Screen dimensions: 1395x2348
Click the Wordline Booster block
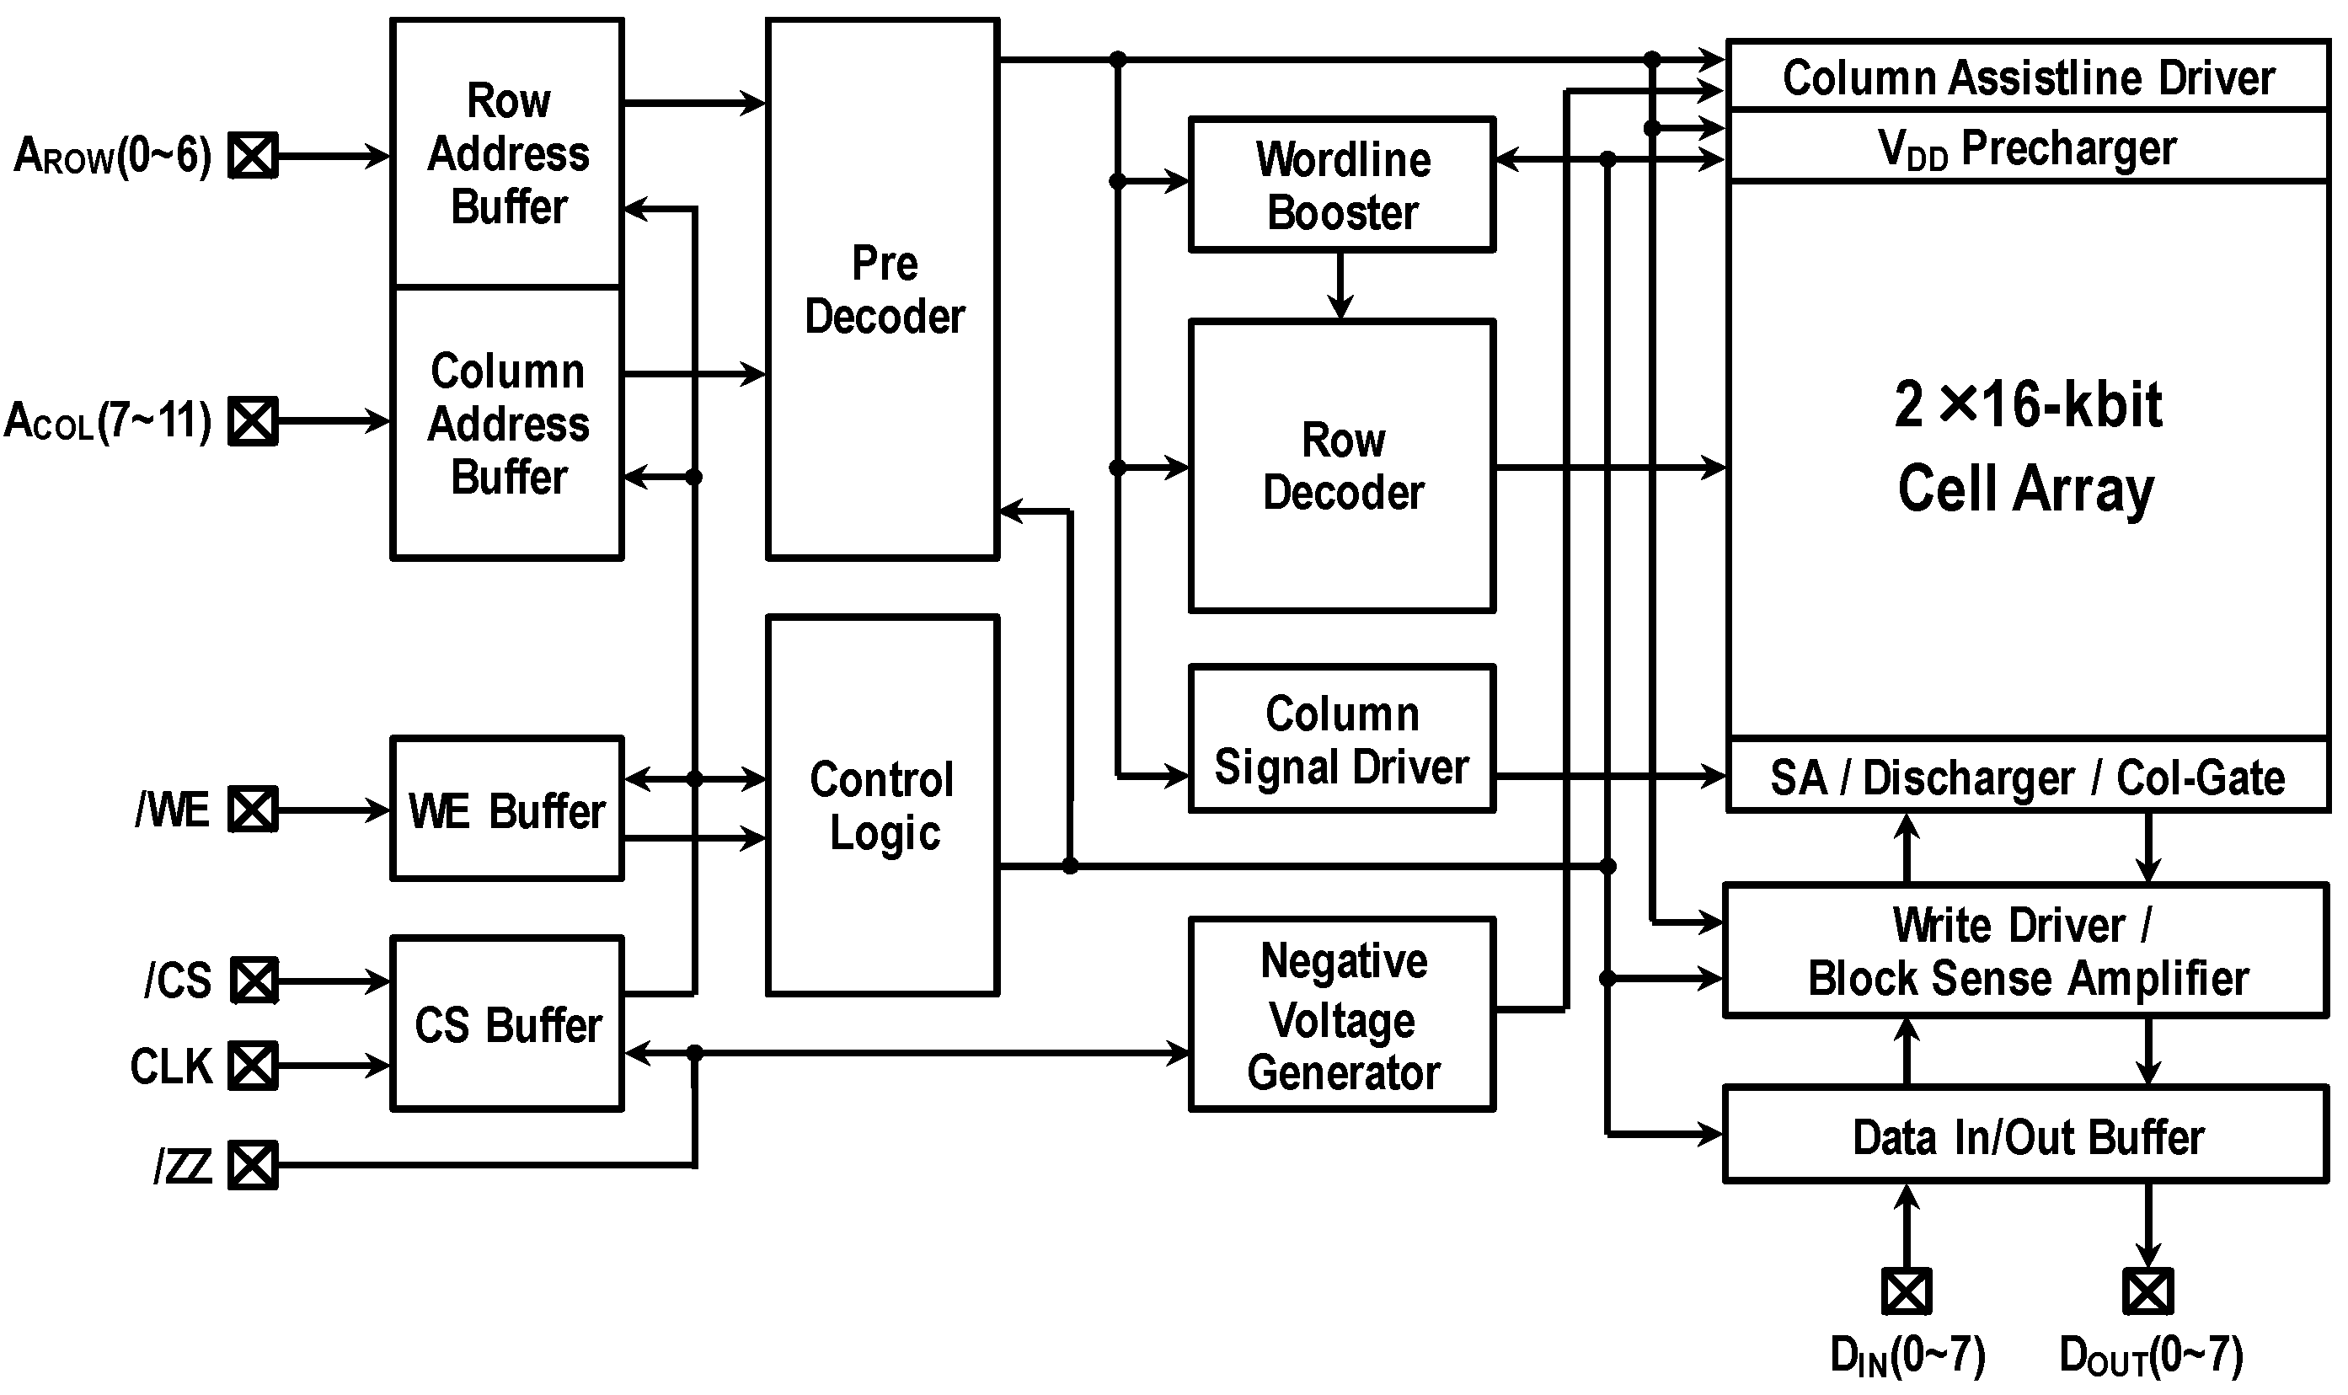[1341, 184]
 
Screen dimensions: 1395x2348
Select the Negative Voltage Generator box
[1341, 1015]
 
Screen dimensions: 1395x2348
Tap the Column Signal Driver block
[1341, 739]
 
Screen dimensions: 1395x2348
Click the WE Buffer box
[506, 810]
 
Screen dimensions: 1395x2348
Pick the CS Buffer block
[506, 1024]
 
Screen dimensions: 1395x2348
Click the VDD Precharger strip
[2026, 147]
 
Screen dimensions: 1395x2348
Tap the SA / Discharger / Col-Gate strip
[2026, 777]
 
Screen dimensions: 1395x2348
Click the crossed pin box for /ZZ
[253, 1166]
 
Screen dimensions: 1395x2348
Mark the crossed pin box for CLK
[253, 1066]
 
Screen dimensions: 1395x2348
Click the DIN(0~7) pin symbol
[1907, 1291]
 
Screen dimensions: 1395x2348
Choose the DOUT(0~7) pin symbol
[2147, 1291]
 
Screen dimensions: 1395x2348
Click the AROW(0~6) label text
[112, 155]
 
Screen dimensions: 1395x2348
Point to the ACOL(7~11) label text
[107, 420]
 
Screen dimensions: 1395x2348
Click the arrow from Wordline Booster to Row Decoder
[1340, 286]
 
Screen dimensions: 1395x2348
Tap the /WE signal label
[172, 810]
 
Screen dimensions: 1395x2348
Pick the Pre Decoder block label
[884, 290]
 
